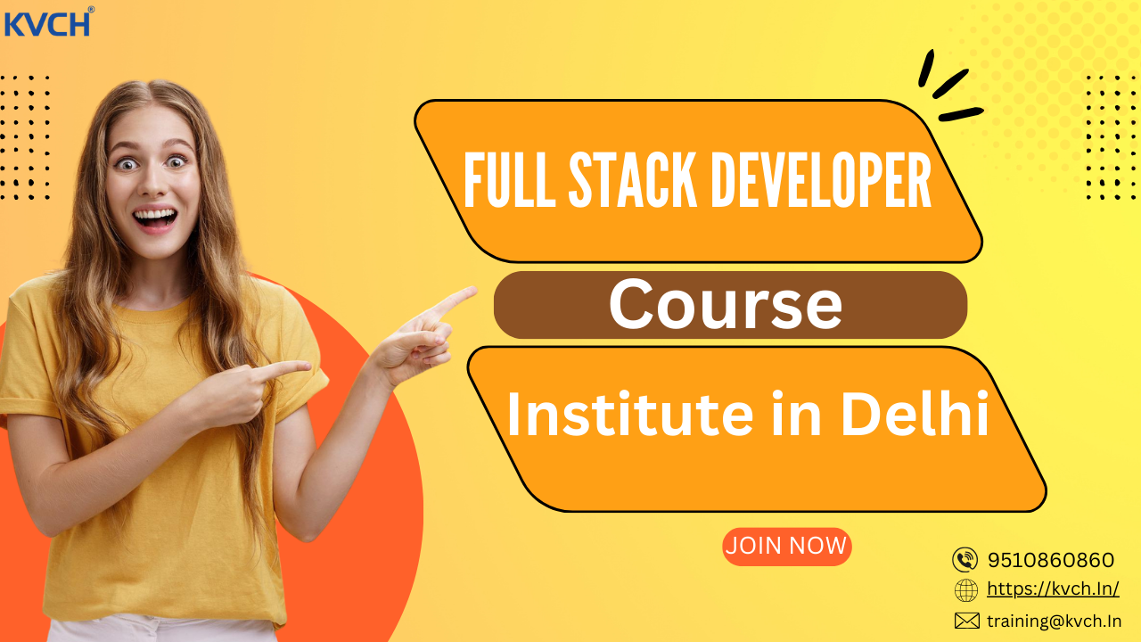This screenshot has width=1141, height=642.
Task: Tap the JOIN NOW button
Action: [x=786, y=547]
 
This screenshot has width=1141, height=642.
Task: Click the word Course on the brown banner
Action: [x=725, y=305]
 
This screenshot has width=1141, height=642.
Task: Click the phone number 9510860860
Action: [x=1050, y=560]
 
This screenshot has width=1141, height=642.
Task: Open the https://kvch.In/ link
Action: [x=1053, y=589]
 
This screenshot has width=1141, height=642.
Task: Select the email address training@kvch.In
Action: [x=1054, y=621]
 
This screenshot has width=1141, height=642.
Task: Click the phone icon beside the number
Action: [x=965, y=560]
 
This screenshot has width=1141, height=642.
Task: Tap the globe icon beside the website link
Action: [x=965, y=590]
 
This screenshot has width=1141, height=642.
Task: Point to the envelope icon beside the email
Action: [x=966, y=621]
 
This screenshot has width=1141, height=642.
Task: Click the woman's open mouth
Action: [x=156, y=217]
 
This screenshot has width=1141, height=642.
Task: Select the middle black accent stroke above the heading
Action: [x=950, y=84]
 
